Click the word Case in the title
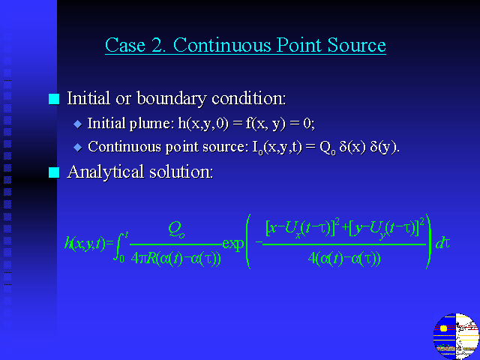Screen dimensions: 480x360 tap(125, 45)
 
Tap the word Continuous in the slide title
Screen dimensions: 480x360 tap(223, 45)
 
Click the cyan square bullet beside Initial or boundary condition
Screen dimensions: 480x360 tap(54, 99)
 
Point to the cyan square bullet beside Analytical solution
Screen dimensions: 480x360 tap(54, 172)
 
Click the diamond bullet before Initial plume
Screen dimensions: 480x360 tap(78, 124)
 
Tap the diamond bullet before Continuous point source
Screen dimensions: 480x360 tap(78, 147)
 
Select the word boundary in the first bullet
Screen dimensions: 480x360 tap(172, 98)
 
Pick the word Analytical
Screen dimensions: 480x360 tap(105, 172)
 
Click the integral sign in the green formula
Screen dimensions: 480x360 tap(120, 247)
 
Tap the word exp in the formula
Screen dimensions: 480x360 tap(233, 244)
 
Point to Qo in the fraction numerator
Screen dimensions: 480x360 tap(176, 229)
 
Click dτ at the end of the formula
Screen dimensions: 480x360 tap(442, 243)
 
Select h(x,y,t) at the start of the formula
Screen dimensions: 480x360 tap(85, 244)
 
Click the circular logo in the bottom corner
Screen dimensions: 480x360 tap(456, 336)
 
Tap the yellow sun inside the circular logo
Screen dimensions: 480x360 tap(443, 328)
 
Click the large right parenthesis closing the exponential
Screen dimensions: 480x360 tap(428, 241)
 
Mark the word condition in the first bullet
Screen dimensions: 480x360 tap(248, 98)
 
